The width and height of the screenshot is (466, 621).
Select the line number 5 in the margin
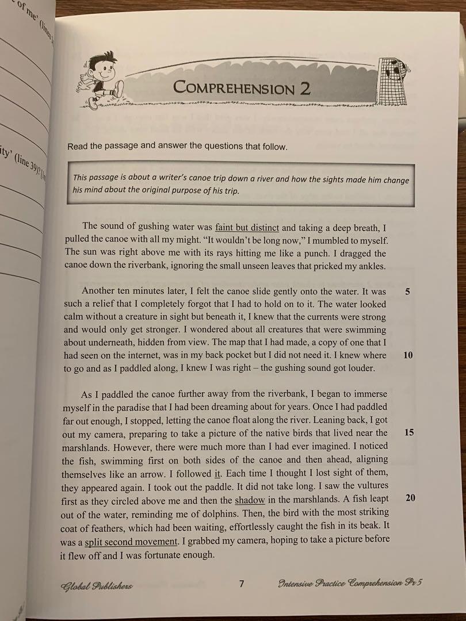coord(407,292)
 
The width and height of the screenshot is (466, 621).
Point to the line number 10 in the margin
coord(408,355)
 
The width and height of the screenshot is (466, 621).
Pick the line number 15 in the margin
coord(409,432)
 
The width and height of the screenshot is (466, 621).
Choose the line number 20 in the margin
coord(410,498)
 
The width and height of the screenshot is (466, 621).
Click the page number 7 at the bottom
coord(242,584)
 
